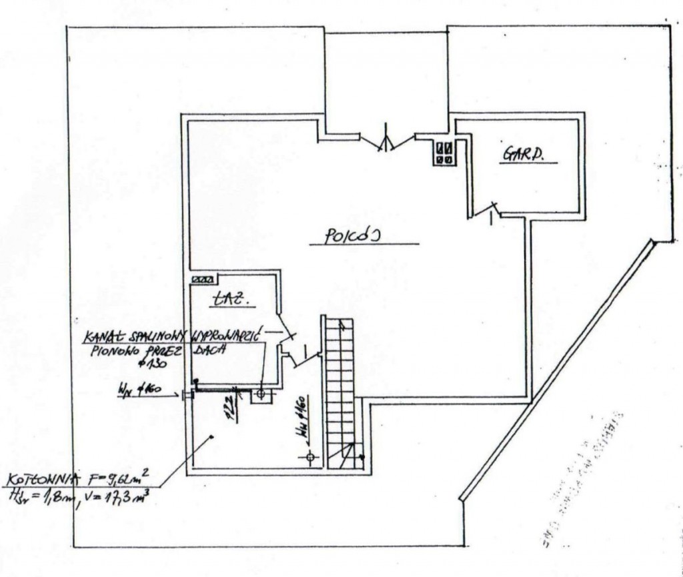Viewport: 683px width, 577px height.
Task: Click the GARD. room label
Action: tap(524, 155)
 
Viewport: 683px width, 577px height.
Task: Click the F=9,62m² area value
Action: tap(119, 478)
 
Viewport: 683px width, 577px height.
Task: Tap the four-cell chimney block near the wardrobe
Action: tap(445, 153)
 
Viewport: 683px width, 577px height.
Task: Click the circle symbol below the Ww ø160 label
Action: tap(309, 457)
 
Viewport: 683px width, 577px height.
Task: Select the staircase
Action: tap(339, 394)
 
